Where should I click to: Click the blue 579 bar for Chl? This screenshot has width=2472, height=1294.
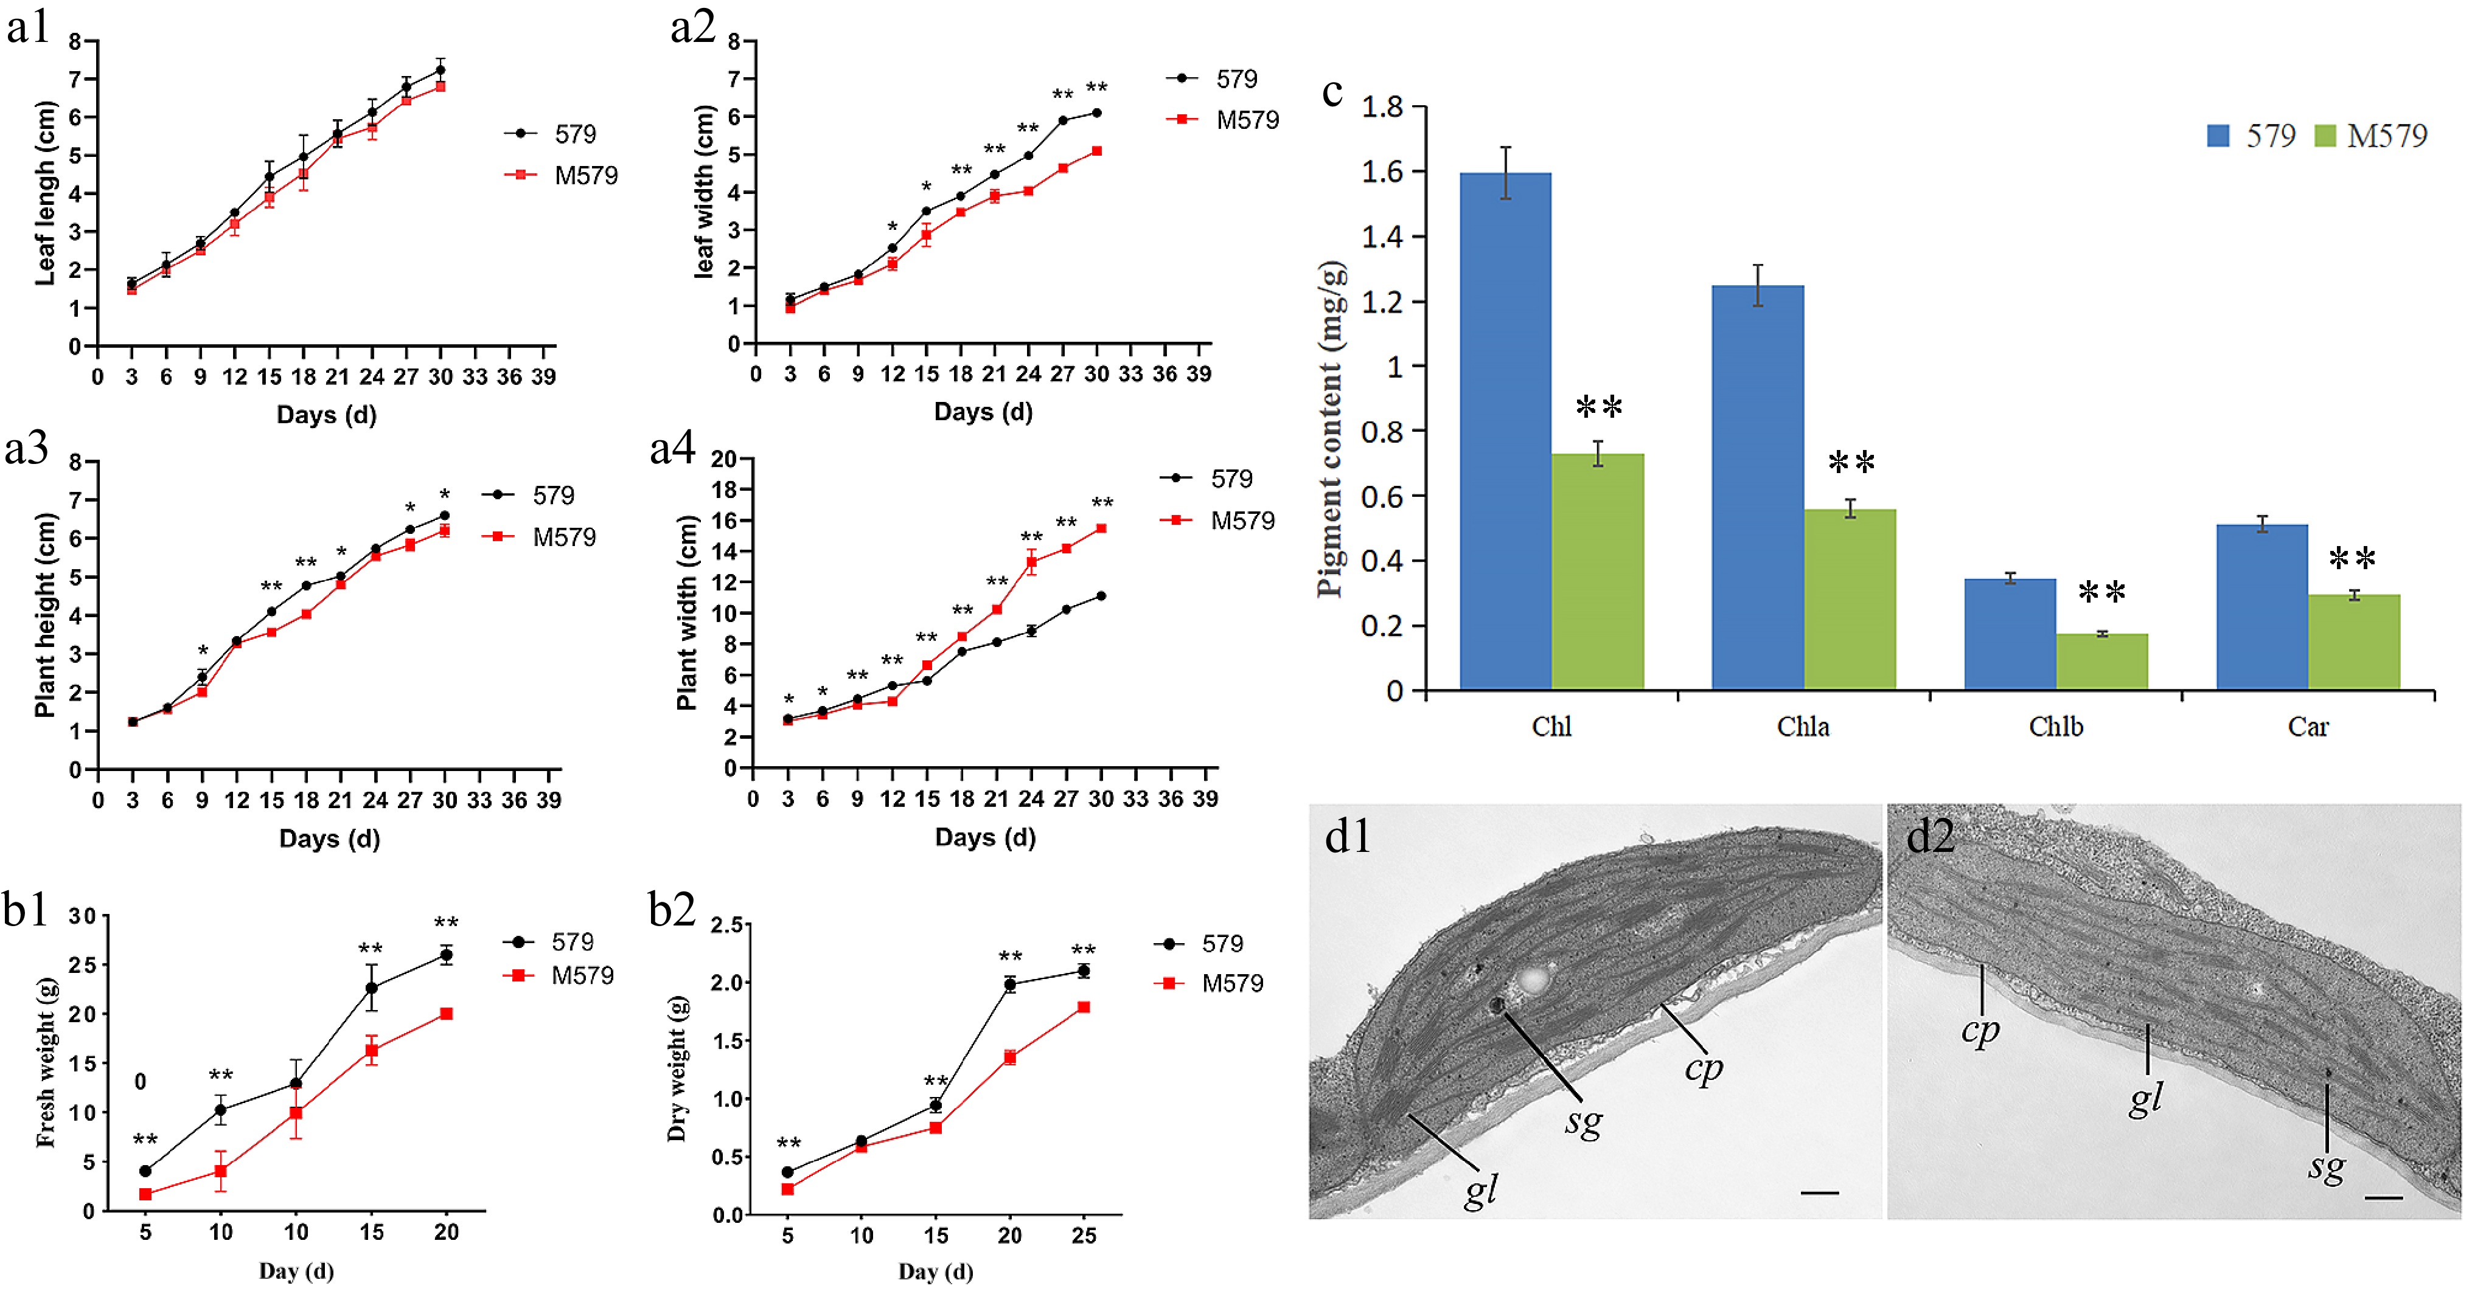[x=1505, y=432]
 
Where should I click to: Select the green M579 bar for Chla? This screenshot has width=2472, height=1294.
[x=1849, y=600]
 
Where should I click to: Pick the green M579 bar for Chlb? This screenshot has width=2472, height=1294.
[x=2101, y=662]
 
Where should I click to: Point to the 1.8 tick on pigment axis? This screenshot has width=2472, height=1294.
[x=1382, y=106]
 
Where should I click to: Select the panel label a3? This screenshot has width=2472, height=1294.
[x=27, y=448]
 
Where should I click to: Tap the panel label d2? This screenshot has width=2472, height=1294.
[x=1930, y=837]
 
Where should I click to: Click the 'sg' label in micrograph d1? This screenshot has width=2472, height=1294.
[x=1583, y=1120]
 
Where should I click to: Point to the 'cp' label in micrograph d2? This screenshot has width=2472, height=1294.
[x=1980, y=1031]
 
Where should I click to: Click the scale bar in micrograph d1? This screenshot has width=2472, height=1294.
[x=1819, y=1192]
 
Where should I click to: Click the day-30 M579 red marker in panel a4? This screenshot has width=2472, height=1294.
[x=1101, y=528]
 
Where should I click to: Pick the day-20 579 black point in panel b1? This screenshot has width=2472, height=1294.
[x=446, y=955]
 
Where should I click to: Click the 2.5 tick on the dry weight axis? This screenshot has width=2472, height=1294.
[x=726, y=925]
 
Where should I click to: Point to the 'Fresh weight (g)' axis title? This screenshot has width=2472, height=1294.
[x=45, y=1063]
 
